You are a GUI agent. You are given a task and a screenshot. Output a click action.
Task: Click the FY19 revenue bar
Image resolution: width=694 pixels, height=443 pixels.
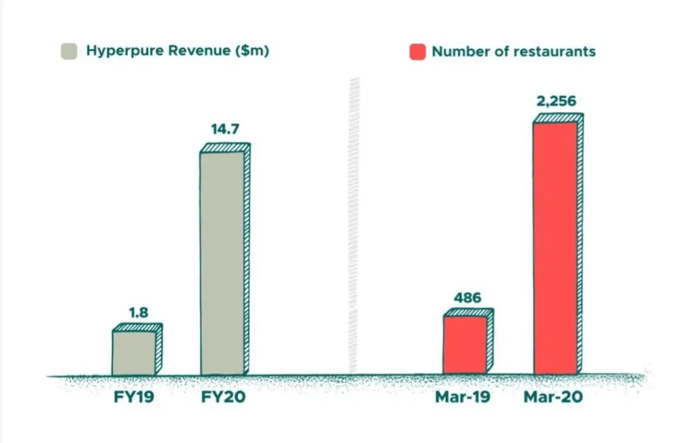click(x=134, y=353)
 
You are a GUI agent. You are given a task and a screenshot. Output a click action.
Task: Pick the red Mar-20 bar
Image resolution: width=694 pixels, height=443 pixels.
click(x=555, y=248)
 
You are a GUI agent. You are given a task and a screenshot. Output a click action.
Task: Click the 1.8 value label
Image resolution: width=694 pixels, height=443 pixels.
click(x=138, y=313)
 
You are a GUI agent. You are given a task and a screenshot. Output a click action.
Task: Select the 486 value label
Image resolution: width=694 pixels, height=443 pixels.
click(x=468, y=297)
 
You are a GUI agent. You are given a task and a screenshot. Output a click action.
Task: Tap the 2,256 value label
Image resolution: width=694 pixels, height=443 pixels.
click(x=558, y=101)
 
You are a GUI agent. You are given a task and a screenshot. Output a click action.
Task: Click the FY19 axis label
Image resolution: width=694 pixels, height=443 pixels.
click(x=134, y=396)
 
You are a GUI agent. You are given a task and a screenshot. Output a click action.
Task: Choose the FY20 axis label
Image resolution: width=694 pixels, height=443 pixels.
click(x=224, y=396)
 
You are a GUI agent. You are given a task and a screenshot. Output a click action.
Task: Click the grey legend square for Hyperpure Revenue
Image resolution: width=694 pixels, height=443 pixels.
click(x=69, y=52)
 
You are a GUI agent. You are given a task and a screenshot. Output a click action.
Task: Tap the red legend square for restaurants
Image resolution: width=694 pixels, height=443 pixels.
click(x=417, y=52)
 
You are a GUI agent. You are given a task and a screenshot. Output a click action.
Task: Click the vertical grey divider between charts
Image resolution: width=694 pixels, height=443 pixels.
click(x=353, y=224)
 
